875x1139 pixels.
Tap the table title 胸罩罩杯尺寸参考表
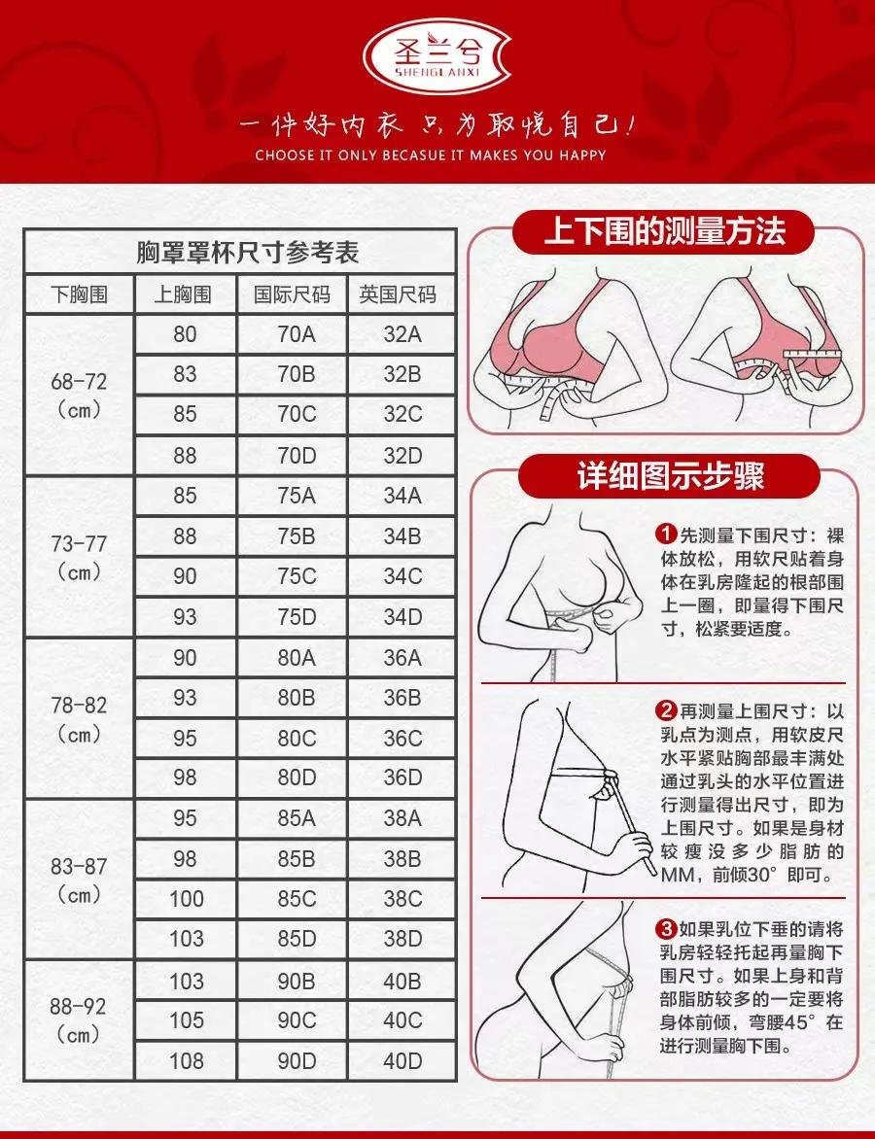(248, 253)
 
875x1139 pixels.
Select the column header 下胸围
(79, 294)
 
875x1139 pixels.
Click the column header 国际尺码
(293, 294)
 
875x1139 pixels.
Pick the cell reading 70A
(297, 334)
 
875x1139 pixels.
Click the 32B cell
(402, 374)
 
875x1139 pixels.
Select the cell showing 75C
(297, 576)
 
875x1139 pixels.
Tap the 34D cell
(402, 617)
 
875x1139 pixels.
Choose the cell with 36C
(402, 739)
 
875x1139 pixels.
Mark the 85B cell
(297, 859)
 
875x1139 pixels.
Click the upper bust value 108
(186, 1060)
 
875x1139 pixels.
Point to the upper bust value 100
(186, 899)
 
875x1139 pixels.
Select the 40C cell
(402, 1020)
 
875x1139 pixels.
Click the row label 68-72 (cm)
(79, 395)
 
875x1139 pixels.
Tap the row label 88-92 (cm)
(79, 1019)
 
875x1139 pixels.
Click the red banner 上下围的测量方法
(665, 233)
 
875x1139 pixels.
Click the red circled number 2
(666, 709)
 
